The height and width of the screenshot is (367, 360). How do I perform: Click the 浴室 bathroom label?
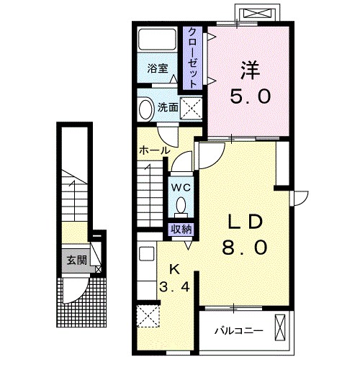158,69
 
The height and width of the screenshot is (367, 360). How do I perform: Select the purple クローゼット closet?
192,58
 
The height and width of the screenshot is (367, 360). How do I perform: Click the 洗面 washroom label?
168,108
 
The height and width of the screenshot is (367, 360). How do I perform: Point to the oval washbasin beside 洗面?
146,109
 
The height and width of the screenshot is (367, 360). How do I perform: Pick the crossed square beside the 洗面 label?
192,108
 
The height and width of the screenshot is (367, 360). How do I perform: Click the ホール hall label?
155,151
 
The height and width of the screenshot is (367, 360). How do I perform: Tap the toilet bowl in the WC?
181,206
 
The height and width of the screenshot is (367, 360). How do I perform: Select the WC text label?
181,188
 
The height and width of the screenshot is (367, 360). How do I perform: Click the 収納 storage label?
181,230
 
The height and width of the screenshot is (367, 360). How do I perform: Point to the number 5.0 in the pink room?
251,96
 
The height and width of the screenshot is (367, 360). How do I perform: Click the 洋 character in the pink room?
251,71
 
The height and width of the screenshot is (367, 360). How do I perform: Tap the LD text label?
245,222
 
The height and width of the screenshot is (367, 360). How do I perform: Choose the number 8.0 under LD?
245,248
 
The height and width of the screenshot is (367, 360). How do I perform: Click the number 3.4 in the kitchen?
175,286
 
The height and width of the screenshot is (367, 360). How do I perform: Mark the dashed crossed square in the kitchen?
148,317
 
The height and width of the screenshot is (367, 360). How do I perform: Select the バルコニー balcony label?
239,331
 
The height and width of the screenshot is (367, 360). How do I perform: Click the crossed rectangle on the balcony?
280,327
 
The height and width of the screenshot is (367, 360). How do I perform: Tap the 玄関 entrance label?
76,260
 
